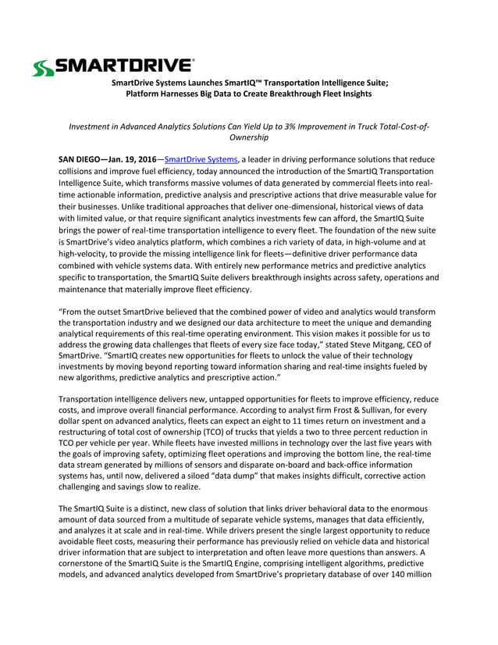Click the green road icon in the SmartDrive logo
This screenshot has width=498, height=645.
coord(43,67)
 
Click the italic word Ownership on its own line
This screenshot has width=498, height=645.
coord(248,137)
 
